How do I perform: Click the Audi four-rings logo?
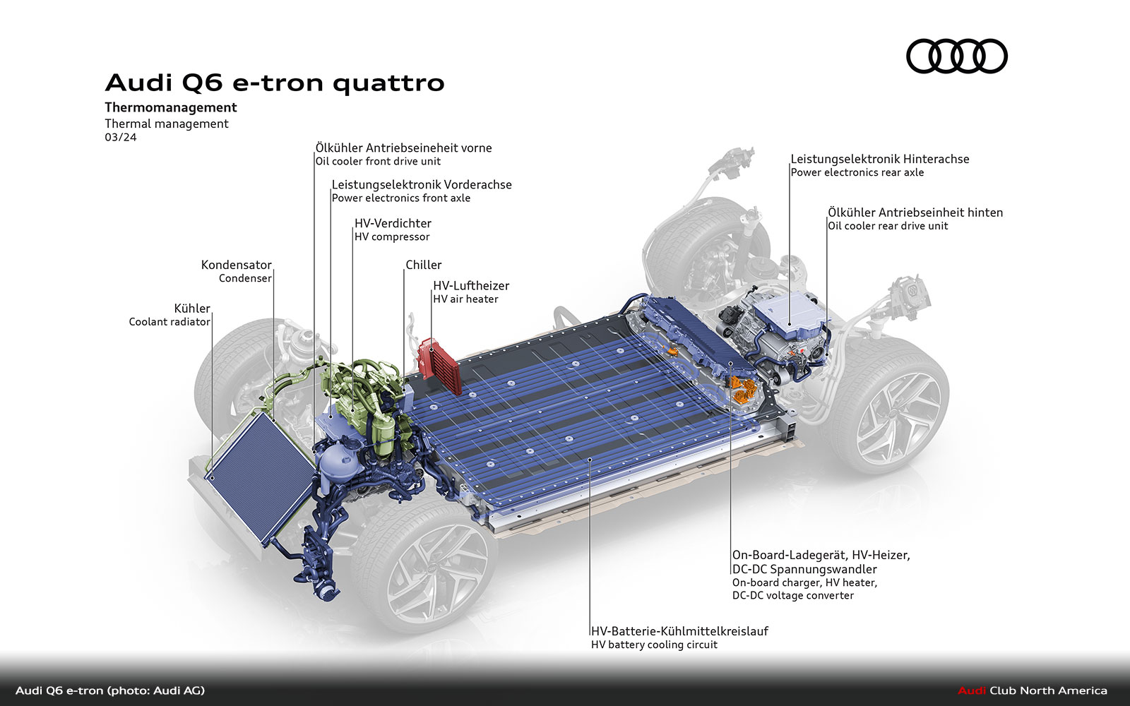tap(956, 56)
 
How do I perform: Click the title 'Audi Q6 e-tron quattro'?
tap(275, 83)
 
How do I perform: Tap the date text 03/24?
tap(121, 137)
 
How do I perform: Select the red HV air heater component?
tap(439, 366)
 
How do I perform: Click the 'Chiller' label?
tap(423, 265)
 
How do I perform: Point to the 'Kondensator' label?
tap(236, 265)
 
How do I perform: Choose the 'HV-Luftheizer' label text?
tap(471, 285)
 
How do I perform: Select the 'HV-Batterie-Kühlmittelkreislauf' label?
tap(679, 631)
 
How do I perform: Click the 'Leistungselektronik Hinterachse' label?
tap(880, 159)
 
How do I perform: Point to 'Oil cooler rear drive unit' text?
tap(888, 226)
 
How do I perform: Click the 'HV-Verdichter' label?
tap(393, 223)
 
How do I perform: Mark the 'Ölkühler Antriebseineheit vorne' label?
tap(403, 148)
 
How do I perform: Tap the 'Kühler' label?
tap(191, 308)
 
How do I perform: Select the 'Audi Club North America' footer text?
tap(1032, 690)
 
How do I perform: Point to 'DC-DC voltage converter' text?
tap(793, 596)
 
